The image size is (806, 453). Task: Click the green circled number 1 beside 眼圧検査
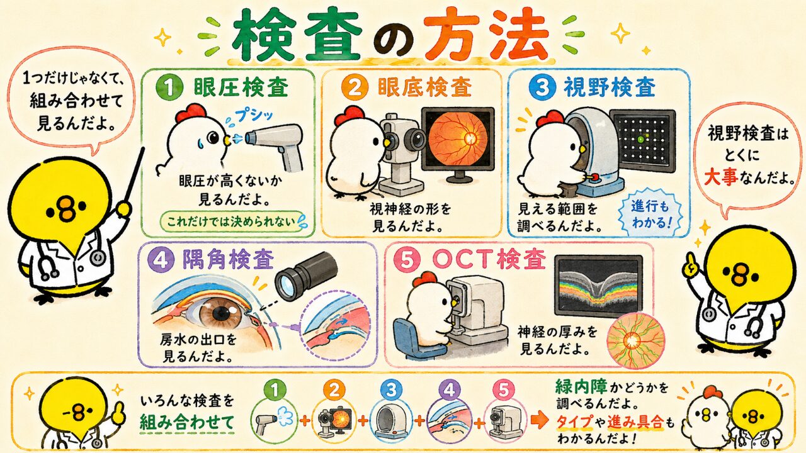pyautogui.click(x=169, y=88)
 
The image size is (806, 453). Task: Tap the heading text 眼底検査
pyautogui.click(x=424, y=87)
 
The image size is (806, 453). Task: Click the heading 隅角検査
pyautogui.click(x=229, y=259)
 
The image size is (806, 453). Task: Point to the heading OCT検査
pyautogui.click(x=489, y=260)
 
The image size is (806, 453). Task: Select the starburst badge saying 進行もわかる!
pyautogui.click(x=649, y=215)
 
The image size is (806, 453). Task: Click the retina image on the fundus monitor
pyautogui.click(x=457, y=139)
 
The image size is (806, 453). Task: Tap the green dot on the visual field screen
pyautogui.click(x=640, y=139)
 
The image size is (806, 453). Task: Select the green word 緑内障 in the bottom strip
pyautogui.click(x=581, y=386)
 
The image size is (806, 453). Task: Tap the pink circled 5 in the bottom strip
pyautogui.click(x=503, y=391)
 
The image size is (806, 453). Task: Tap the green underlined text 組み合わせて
pyautogui.click(x=186, y=422)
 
